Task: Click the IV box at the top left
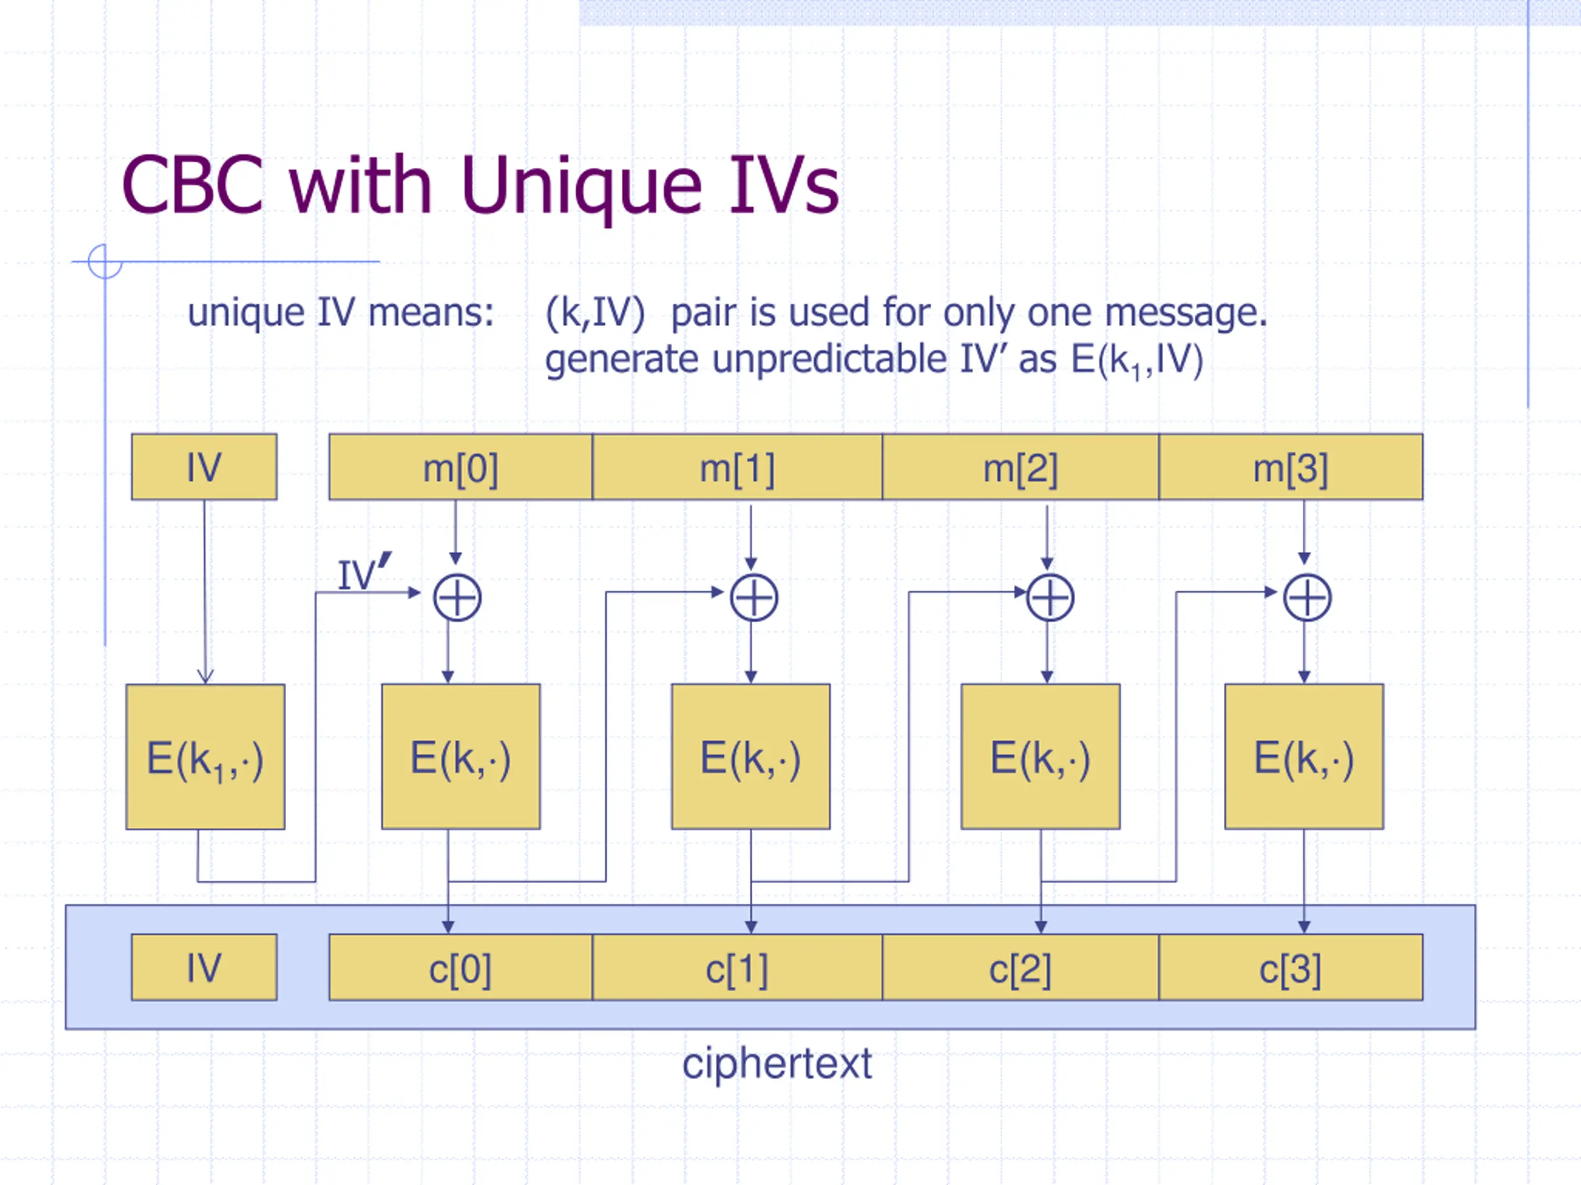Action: coord(204,467)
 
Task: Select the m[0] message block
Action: coord(461,467)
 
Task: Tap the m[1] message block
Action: coord(737,467)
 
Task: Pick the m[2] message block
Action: coord(1021,467)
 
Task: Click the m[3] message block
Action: coord(1291,467)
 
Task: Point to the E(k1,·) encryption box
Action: coord(205,757)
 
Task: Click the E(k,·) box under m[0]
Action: coord(461,757)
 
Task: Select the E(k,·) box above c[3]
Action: coord(1304,757)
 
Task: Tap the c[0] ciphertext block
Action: coord(461,967)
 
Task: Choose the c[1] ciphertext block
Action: coord(737,967)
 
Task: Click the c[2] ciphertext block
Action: coord(1021,967)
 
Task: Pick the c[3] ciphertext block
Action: coord(1291,967)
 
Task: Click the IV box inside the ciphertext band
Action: coord(204,967)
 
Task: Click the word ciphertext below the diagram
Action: coord(777,1064)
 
